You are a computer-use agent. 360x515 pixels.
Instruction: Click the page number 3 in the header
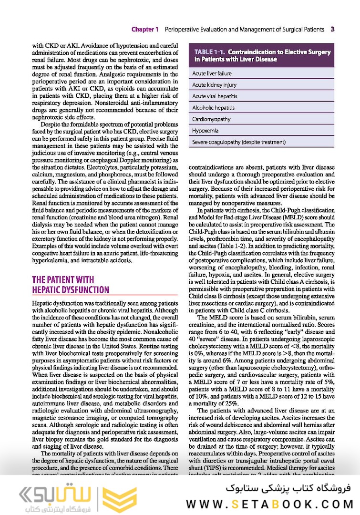[x=332, y=29]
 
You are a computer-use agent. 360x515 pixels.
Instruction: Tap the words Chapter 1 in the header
[x=145, y=29]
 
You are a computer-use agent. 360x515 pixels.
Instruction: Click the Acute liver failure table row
[x=212, y=73]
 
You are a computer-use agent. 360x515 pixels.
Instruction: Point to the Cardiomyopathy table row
[x=211, y=119]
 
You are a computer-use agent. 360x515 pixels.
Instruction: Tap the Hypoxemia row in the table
[x=205, y=130]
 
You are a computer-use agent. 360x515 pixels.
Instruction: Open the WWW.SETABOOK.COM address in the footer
[x=269, y=504]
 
